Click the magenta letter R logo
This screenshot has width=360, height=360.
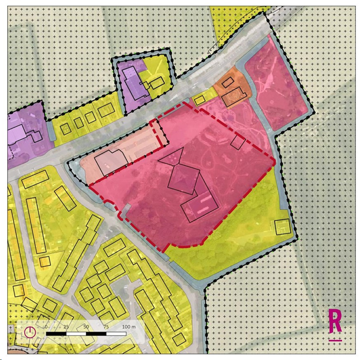[x=335, y=321]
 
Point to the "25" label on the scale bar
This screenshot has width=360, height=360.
[x=66, y=327]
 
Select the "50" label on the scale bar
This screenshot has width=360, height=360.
[x=86, y=327]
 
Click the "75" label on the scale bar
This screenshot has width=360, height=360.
[x=105, y=327]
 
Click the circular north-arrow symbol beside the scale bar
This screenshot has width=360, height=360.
[x=30, y=332]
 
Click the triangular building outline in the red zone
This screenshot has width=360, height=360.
[x=172, y=156]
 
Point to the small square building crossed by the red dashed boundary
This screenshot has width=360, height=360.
[x=238, y=141]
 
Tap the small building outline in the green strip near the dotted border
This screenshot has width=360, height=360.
[x=282, y=227]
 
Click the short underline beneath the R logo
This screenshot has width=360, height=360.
[x=335, y=340]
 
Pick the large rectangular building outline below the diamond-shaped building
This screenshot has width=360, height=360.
[x=201, y=206]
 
